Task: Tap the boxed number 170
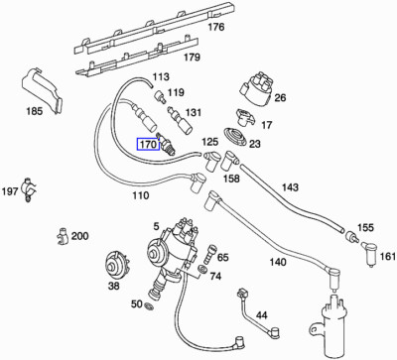point(148,144)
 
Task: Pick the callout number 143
point(290,186)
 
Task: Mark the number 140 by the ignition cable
point(278,263)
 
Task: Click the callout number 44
point(262,315)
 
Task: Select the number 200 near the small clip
point(79,236)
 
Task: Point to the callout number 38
point(113,286)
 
